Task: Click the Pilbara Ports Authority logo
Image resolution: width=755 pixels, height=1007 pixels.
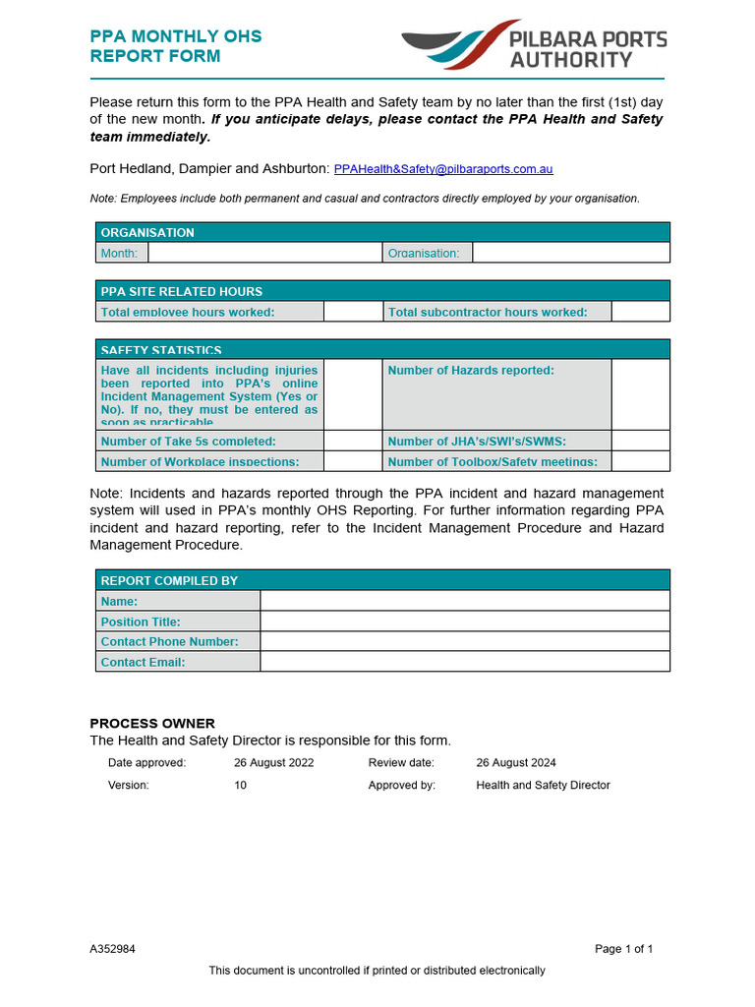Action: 534,45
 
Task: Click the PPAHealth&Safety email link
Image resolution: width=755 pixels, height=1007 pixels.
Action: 443,169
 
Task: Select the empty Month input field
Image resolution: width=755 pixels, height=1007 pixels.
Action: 264,253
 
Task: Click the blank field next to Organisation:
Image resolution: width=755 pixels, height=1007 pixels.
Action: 570,253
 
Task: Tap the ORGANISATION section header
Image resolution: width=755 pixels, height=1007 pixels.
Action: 382,232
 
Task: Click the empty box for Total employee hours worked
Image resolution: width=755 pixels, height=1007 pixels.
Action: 353,312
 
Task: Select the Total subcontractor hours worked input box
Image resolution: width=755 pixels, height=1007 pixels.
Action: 640,312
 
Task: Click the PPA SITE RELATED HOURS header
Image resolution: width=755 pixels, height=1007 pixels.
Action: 382,291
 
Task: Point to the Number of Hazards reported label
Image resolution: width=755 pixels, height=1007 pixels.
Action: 471,371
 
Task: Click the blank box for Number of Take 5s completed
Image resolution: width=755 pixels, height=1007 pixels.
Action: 353,441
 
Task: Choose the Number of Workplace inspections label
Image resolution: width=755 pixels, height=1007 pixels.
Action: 200,461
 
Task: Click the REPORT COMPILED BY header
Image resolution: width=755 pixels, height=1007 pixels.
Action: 382,580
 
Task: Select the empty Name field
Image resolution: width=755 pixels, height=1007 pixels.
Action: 464,601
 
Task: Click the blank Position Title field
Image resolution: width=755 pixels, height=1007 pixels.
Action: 464,622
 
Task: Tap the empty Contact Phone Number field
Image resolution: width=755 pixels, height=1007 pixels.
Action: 464,641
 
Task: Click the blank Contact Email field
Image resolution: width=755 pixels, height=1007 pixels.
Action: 464,662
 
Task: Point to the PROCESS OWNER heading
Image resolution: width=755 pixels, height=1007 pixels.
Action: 152,723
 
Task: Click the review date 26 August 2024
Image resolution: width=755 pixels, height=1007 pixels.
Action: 516,763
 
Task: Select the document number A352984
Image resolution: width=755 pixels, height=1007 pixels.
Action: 113,949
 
